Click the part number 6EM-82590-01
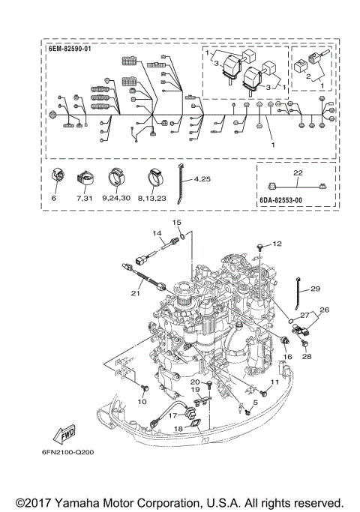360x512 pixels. click(x=70, y=49)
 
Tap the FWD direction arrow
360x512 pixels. click(x=64, y=434)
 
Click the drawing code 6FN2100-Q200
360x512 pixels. click(x=67, y=452)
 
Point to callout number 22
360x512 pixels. click(x=298, y=172)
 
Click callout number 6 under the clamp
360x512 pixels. click(x=54, y=198)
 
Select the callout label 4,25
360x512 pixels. click(x=202, y=179)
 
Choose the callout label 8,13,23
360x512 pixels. click(x=152, y=198)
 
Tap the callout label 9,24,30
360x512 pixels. click(x=116, y=198)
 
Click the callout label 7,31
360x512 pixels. click(x=84, y=198)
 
